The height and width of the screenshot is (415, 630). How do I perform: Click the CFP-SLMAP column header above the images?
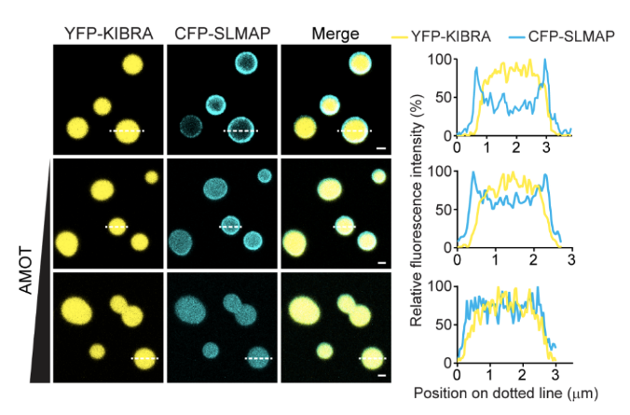[221, 34]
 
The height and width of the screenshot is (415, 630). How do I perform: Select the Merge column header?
[336, 34]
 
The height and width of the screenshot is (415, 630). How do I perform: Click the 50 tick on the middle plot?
[445, 211]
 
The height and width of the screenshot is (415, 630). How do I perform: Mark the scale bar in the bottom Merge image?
[383, 375]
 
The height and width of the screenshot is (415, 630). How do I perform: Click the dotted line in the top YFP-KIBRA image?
[127, 131]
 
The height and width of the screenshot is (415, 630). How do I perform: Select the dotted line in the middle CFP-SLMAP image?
[230, 227]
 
